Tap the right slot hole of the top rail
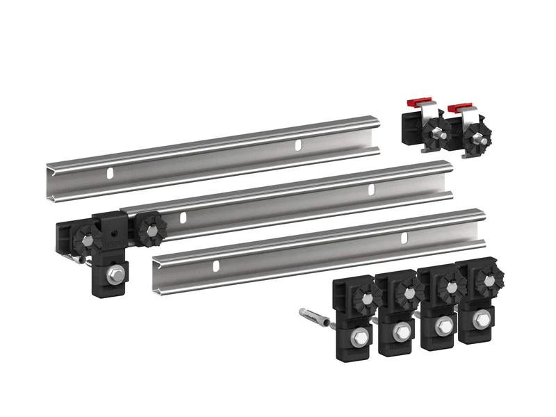[x=298, y=145]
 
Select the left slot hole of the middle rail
[x=183, y=218]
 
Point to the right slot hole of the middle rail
[x=370, y=190]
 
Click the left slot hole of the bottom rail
[x=217, y=265]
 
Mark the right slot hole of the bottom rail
[x=404, y=238]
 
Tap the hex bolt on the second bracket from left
[x=400, y=332]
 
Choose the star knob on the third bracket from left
[x=448, y=286]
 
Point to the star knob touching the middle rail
[x=147, y=231]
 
